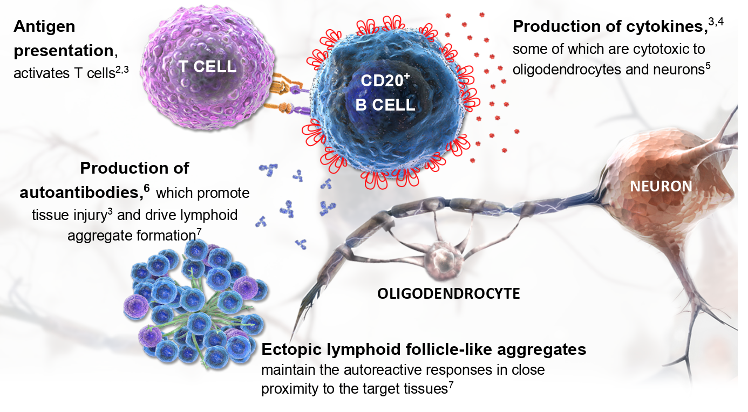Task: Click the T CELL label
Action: (207, 66)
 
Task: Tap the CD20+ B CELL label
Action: (385, 94)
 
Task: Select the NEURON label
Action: (661, 187)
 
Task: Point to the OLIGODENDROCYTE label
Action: (448, 294)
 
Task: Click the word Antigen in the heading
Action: (44, 26)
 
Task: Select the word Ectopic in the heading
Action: (290, 349)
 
